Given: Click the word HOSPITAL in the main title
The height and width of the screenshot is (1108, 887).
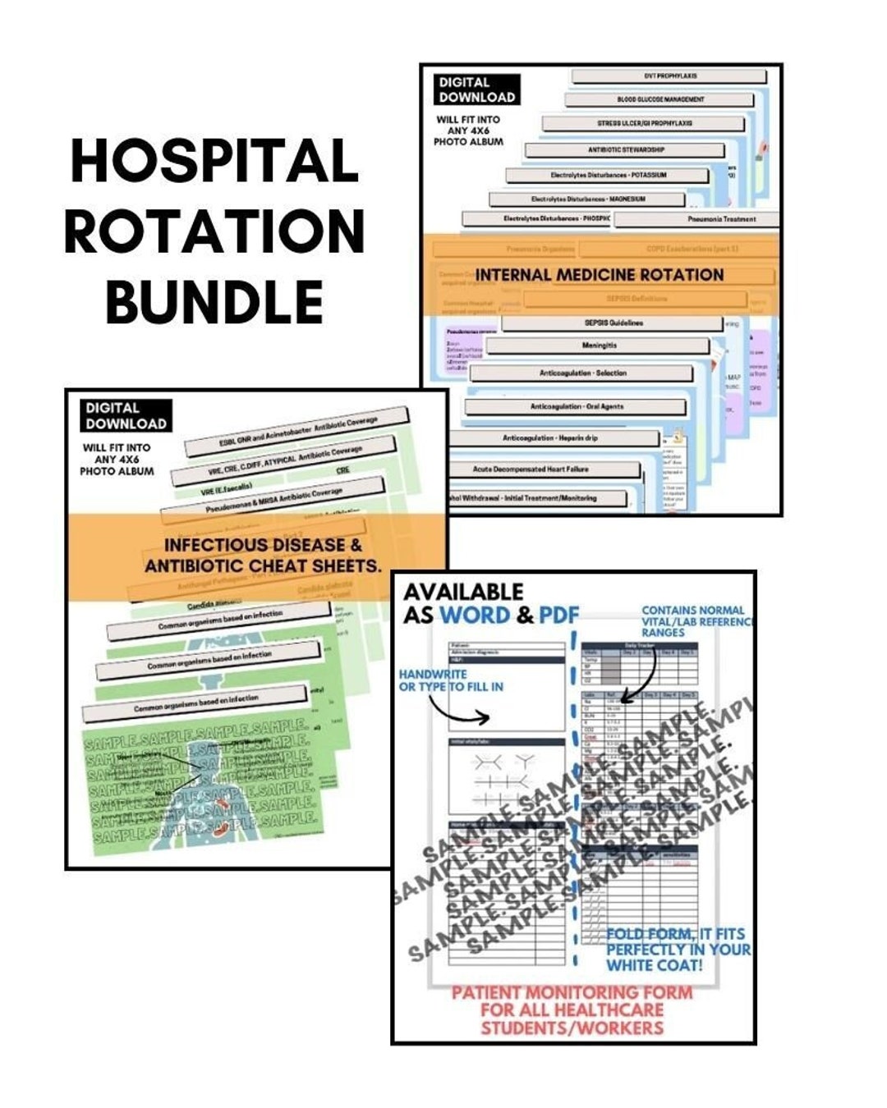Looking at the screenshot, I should coord(214,161).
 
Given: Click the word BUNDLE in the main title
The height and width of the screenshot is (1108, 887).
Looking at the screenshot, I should coord(214,301).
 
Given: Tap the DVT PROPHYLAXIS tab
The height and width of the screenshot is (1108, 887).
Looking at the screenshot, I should coord(669,76).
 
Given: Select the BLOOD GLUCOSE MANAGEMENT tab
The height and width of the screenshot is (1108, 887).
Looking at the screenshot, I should coord(660,99).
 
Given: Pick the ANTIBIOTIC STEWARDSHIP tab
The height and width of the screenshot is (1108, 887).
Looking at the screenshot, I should coord(625,150).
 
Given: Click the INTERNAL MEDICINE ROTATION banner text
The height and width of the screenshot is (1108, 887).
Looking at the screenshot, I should coord(600,275).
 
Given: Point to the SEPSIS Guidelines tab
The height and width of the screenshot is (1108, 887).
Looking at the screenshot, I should coord(613,323).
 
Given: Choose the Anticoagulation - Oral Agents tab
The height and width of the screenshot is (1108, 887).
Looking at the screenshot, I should coord(576,406).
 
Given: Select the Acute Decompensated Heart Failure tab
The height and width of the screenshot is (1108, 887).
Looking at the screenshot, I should coord(543,469).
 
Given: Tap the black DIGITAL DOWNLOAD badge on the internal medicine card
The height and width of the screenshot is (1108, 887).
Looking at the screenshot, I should coord(476,89).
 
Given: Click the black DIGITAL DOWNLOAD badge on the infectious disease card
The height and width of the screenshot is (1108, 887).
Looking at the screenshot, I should coord(126,416).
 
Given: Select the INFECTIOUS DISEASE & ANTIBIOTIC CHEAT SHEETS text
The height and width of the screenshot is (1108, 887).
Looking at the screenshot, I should coord(263,555).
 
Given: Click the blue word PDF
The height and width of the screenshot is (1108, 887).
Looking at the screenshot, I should coord(558,615).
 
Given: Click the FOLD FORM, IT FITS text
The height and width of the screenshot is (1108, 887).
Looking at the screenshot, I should coord(675,934).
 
